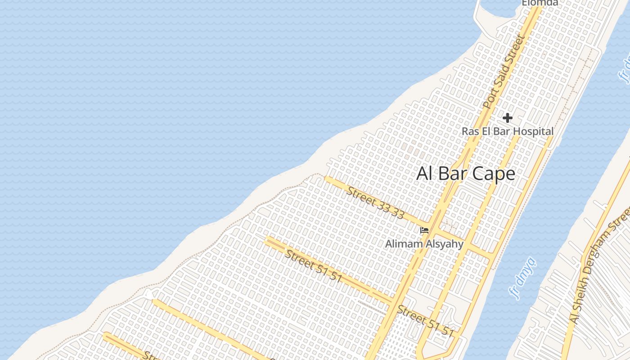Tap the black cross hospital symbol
coord(508,118)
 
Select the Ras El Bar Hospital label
coord(508,131)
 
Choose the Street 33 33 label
coord(375,202)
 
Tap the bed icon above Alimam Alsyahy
coord(424,231)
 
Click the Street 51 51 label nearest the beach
coord(314,266)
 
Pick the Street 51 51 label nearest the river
coord(425,322)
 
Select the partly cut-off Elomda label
coord(540,3)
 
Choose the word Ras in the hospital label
coord(471,131)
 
